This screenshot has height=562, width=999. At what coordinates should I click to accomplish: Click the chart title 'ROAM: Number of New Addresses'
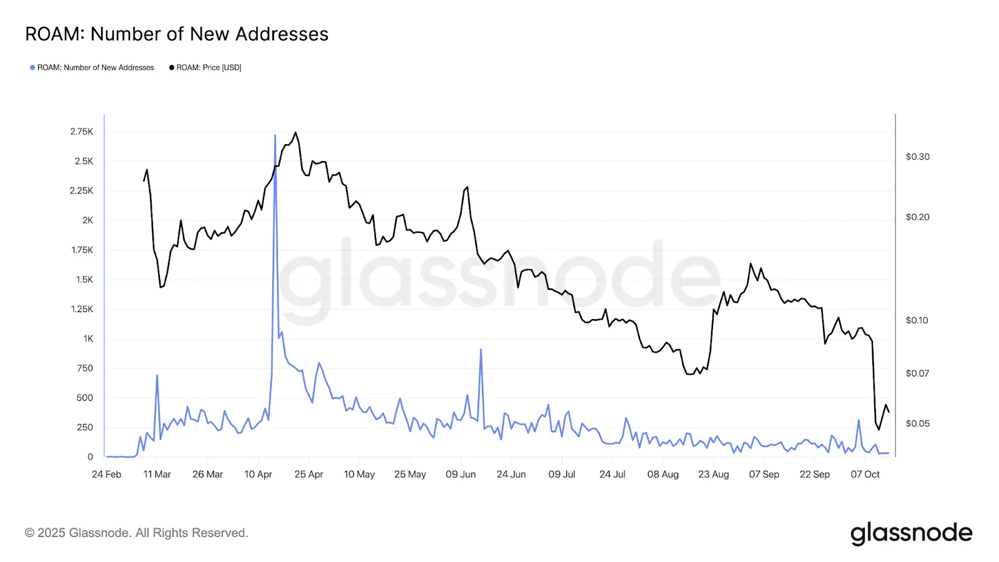click(177, 34)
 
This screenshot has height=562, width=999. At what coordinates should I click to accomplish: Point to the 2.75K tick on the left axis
click(82, 132)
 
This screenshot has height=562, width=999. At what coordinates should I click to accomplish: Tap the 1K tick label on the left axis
click(88, 338)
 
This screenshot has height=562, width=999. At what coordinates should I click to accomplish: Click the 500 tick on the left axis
click(85, 398)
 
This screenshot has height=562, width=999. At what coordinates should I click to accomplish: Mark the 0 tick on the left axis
click(91, 457)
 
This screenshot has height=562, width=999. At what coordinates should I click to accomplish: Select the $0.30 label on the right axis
click(917, 157)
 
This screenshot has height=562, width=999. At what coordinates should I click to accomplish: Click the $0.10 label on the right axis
click(917, 320)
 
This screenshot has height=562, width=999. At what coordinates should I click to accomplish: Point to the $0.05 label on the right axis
click(917, 423)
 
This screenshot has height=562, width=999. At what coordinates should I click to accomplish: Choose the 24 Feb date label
click(107, 475)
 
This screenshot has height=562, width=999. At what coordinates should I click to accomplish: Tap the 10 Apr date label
click(258, 475)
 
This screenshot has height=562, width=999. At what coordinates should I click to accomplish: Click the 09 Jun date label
click(461, 475)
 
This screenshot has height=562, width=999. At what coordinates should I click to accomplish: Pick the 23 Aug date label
click(714, 475)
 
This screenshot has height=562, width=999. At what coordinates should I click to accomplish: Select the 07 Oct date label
click(865, 475)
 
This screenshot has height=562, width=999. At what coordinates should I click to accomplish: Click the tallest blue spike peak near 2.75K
click(275, 136)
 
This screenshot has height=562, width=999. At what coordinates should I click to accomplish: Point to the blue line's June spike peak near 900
click(481, 350)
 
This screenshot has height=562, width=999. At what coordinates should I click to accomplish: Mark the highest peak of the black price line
click(296, 132)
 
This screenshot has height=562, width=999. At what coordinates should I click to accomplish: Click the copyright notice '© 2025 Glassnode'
click(137, 533)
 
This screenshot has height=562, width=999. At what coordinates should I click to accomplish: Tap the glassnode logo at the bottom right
click(911, 533)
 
